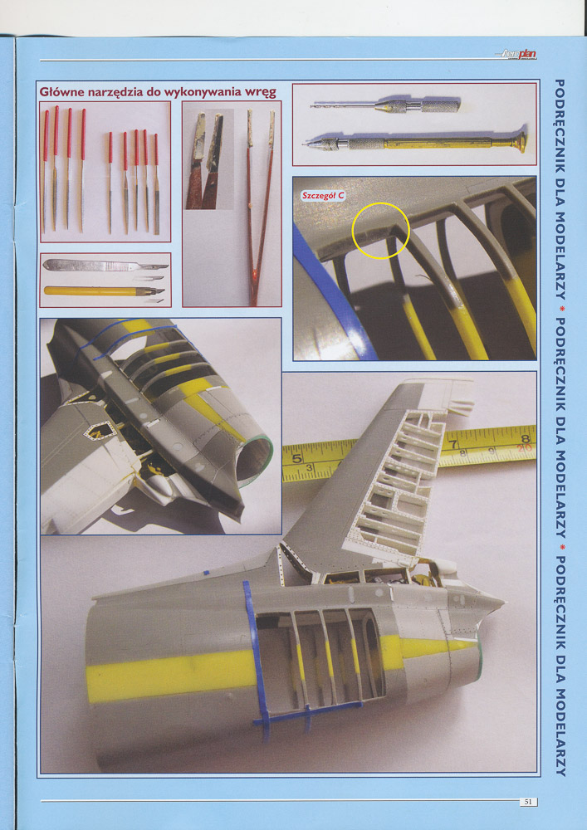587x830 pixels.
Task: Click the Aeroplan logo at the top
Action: pyautogui.click(x=517, y=54)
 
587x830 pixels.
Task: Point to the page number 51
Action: pyautogui.click(x=527, y=802)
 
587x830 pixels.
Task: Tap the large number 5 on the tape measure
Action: pyautogui.click(x=297, y=456)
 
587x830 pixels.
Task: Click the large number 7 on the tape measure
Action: pyautogui.click(x=452, y=438)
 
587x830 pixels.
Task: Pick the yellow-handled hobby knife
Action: pyautogui.click(x=104, y=290)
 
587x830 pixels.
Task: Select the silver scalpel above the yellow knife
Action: pyautogui.click(x=105, y=265)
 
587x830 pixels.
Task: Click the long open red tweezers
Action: pyautogui.click(x=260, y=207)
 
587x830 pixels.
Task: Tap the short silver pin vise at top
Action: pyautogui.click(x=385, y=105)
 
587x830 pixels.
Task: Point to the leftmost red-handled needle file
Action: pyautogui.click(x=45, y=170)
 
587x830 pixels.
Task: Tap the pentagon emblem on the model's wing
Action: pyautogui.click(x=100, y=431)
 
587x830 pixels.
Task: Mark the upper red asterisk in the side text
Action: pyautogui.click(x=560, y=307)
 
